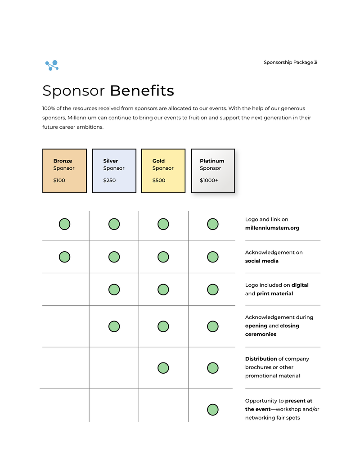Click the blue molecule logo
click(52, 65)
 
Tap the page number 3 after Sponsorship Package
click(315, 63)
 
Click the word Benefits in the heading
click(142, 91)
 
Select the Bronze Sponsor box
click(64, 171)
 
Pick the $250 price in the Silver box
click(109, 181)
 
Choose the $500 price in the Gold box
click(159, 181)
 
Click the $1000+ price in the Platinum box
click(209, 181)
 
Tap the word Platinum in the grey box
click(212, 161)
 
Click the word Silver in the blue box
click(111, 161)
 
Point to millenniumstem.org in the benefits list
click(272, 228)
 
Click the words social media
click(262, 261)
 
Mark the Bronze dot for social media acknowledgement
click(64, 257)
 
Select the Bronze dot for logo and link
click(64, 224)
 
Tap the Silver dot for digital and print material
click(114, 290)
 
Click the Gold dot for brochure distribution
click(163, 368)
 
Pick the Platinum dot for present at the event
click(213, 410)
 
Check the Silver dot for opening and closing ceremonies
click(114, 326)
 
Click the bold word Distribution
click(261, 359)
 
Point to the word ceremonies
click(261, 334)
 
